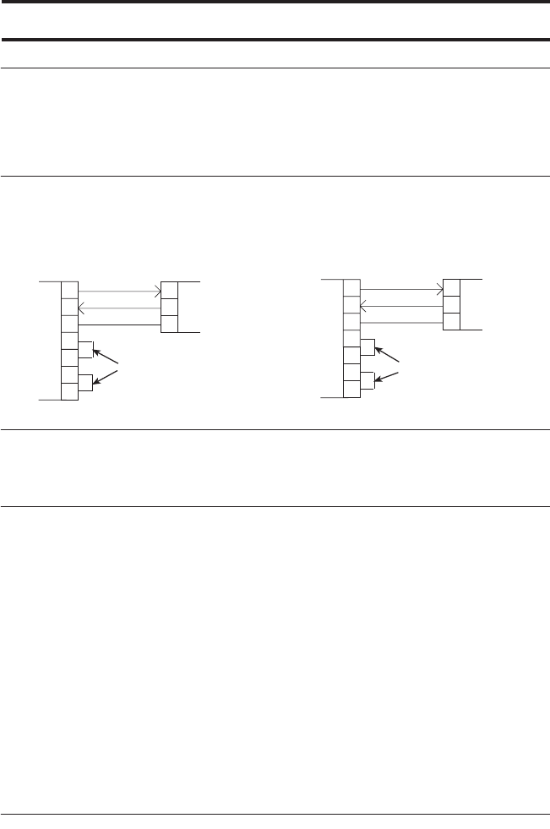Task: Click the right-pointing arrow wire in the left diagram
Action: pos(118,292)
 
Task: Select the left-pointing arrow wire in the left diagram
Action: pos(118,308)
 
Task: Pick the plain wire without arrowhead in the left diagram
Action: pos(118,324)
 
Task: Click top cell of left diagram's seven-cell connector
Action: pos(70,290)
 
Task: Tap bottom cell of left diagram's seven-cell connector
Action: pos(70,391)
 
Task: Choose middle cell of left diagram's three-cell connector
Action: pos(168,307)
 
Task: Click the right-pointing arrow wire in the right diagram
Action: pos(400,289)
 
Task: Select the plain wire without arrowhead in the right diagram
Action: pos(400,321)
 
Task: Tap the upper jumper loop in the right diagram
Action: pos(368,346)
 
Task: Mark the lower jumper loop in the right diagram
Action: pos(368,380)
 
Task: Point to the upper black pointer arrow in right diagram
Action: pos(389,354)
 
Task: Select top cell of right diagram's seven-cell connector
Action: pos(351,287)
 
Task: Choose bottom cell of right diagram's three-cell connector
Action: pos(451,321)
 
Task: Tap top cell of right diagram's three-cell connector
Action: pos(451,287)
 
